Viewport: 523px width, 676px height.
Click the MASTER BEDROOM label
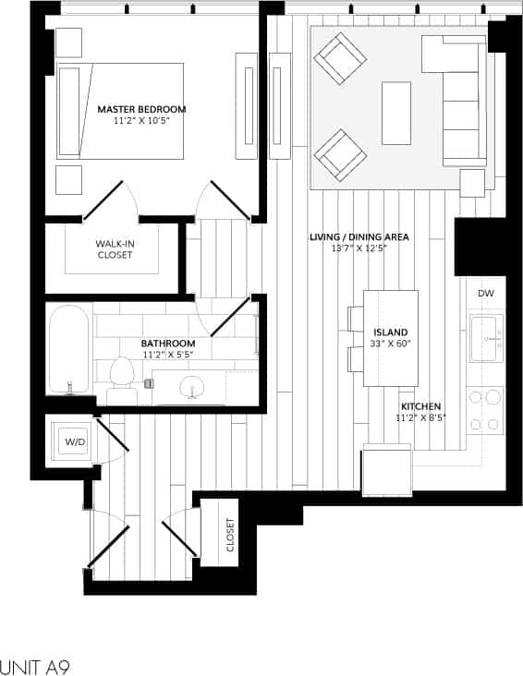click(141, 109)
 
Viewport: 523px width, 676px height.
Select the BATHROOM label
click(167, 343)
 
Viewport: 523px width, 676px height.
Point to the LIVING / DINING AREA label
click(359, 237)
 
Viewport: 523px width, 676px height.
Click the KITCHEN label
click(420, 406)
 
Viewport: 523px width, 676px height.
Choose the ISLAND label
click(390, 332)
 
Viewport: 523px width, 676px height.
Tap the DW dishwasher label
click(485, 293)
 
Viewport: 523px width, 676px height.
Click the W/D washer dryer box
click(74, 441)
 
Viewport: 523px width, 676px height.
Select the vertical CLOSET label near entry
click(229, 534)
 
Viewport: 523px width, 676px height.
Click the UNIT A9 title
click(34, 665)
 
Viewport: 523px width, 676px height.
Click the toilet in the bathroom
click(121, 379)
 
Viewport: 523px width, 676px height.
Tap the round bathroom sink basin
click(192, 386)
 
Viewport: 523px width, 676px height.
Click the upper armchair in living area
click(340, 57)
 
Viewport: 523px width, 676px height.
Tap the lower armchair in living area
click(340, 154)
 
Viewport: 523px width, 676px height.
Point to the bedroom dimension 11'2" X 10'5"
click(141, 120)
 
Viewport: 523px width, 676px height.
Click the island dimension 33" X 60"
click(390, 344)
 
